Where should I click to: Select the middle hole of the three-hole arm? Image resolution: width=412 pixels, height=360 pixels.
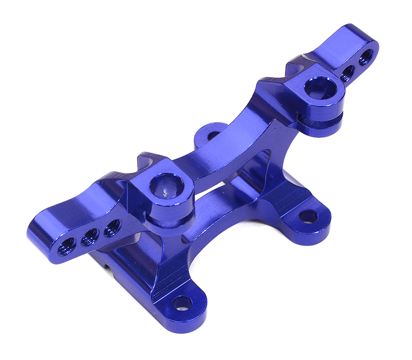click(x=90, y=236)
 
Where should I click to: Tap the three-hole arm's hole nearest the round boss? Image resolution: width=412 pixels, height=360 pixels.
click(x=112, y=227)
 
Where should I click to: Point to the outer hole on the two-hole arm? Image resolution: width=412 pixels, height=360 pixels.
click(x=365, y=56)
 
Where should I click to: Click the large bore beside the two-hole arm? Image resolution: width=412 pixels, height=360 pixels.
click(x=320, y=88)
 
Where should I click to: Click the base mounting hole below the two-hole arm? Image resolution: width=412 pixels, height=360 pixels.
click(x=308, y=216)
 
